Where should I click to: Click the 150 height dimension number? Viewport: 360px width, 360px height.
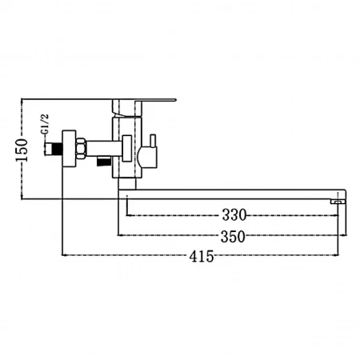[x=22, y=150]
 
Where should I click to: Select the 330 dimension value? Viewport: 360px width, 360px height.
[x=234, y=215]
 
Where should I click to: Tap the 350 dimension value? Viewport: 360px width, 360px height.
[x=233, y=236]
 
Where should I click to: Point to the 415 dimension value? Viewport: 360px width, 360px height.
[x=202, y=256]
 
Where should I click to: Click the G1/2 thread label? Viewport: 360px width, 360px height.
[x=45, y=124]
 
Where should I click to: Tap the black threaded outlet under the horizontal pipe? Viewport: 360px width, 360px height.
[x=103, y=161]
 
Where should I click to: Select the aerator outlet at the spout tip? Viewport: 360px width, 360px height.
[x=338, y=202]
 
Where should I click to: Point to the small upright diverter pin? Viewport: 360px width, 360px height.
[x=153, y=140]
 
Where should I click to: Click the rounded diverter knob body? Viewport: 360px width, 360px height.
[x=147, y=158]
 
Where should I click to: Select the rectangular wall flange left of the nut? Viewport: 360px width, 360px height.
[x=69, y=149]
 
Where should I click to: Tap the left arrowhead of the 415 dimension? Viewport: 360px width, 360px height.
[x=64, y=255]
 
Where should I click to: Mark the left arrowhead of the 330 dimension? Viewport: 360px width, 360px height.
[x=128, y=215]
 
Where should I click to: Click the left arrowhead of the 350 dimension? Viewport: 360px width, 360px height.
[x=120, y=235]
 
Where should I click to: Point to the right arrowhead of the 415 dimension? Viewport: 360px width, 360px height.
[x=336, y=255]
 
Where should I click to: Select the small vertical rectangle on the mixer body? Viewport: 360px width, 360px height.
[x=127, y=148]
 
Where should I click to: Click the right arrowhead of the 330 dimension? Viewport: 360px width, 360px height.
[x=336, y=215]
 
